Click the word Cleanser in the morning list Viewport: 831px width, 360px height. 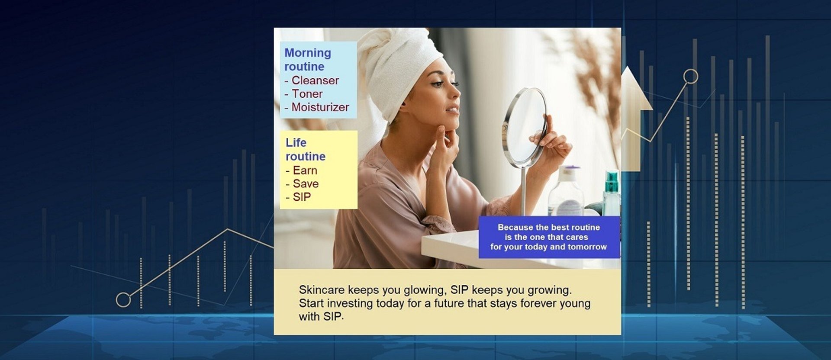(x=315, y=80)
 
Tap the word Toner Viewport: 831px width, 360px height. (x=307, y=94)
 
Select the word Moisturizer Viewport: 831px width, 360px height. (x=320, y=107)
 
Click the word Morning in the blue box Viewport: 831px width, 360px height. (x=308, y=53)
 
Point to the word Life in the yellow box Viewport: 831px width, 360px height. (x=296, y=143)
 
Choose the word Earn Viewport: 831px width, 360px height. (x=305, y=170)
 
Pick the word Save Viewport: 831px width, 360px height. (x=306, y=184)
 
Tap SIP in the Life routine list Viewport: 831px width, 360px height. (x=302, y=197)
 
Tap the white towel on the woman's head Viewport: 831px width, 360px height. (x=396, y=65)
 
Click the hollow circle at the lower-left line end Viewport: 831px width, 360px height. (x=123, y=300)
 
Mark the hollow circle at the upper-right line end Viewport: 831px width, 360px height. (x=691, y=77)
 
